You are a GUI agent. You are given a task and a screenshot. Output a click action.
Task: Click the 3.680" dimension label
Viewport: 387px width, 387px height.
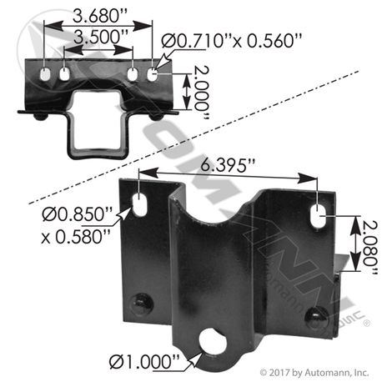coord(100,16)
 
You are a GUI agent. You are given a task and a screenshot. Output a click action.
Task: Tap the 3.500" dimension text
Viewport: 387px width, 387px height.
coord(101,37)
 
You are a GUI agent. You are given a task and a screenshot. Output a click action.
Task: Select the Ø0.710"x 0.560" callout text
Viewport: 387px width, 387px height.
coord(231,41)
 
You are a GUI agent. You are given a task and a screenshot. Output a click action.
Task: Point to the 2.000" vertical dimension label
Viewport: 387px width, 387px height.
coord(201,93)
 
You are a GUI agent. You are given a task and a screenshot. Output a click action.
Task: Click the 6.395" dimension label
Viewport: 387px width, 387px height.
coord(228,165)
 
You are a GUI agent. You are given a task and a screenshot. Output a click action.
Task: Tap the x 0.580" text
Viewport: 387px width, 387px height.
coord(76,237)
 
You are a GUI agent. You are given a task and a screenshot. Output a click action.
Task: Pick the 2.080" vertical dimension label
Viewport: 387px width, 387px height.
coord(369,248)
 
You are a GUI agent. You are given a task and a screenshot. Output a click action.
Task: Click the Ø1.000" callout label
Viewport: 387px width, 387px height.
coord(144,362)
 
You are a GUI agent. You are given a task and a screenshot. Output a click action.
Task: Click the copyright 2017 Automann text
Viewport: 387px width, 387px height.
coord(314,373)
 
